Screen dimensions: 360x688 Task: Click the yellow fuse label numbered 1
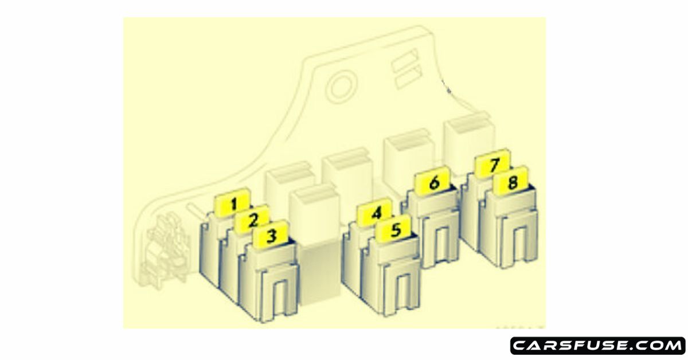tap(232, 203)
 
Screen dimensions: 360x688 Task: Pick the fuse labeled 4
tap(376, 214)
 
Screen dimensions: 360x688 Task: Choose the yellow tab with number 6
tap(434, 183)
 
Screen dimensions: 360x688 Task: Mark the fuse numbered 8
tap(512, 183)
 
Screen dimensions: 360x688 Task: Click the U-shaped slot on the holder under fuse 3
tap(281, 295)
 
